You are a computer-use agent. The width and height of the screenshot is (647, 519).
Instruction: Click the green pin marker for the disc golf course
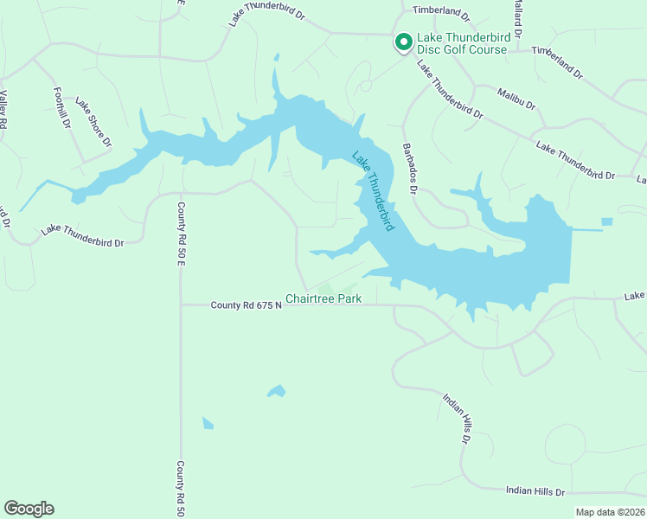(x=402, y=42)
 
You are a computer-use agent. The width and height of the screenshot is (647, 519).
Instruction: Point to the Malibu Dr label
(x=516, y=98)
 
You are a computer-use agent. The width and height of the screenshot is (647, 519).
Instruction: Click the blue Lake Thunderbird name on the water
(x=374, y=191)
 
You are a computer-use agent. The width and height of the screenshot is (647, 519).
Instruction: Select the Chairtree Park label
(x=323, y=298)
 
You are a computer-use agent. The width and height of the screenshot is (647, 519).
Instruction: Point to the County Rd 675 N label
(x=247, y=304)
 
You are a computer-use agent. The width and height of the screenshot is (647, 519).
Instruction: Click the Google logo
(x=29, y=509)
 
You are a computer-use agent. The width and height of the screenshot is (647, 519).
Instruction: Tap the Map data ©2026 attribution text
(x=611, y=512)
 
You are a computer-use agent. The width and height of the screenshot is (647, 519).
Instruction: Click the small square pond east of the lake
(x=606, y=222)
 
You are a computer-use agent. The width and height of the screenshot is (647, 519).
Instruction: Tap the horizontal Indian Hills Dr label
(x=535, y=490)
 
